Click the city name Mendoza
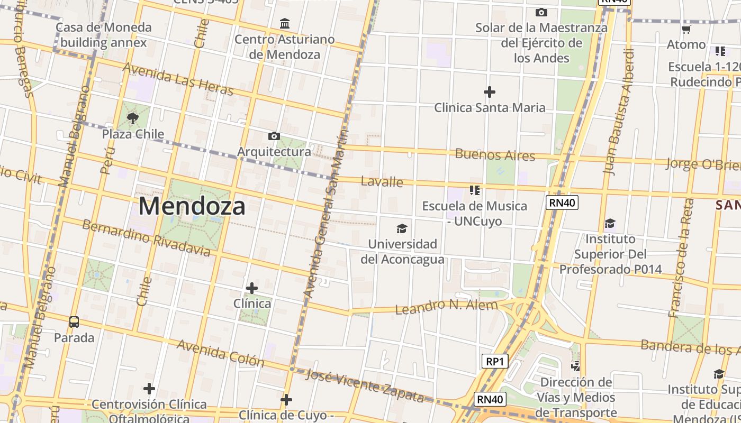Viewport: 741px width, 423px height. click(192, 206)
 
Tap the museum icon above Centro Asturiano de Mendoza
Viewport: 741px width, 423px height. click(285, 23)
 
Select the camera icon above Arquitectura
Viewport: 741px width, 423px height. click(274, 136)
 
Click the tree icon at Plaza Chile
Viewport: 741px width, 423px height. click(133, 118)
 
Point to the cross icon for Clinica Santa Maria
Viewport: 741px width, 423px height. click(490, 92)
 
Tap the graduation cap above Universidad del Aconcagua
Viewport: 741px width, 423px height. click(402, 228)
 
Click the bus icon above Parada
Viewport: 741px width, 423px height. click(74, 321)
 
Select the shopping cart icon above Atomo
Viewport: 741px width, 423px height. click(686, 29)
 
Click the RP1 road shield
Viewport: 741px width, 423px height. click(495, 361)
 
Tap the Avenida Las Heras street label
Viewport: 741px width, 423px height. click(178, 79)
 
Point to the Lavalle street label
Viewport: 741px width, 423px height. click(382, 182)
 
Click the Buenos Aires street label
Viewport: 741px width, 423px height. click(495, 155)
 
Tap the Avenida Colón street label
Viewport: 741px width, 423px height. click(220, 353)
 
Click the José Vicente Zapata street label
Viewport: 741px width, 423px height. click(365, 385)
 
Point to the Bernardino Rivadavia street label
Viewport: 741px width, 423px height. click(146, 237)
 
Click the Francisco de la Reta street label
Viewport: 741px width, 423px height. click(681, 258)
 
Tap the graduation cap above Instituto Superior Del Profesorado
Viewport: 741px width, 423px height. click(610, 223)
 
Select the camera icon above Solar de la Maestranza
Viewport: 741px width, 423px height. click(541, 12)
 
